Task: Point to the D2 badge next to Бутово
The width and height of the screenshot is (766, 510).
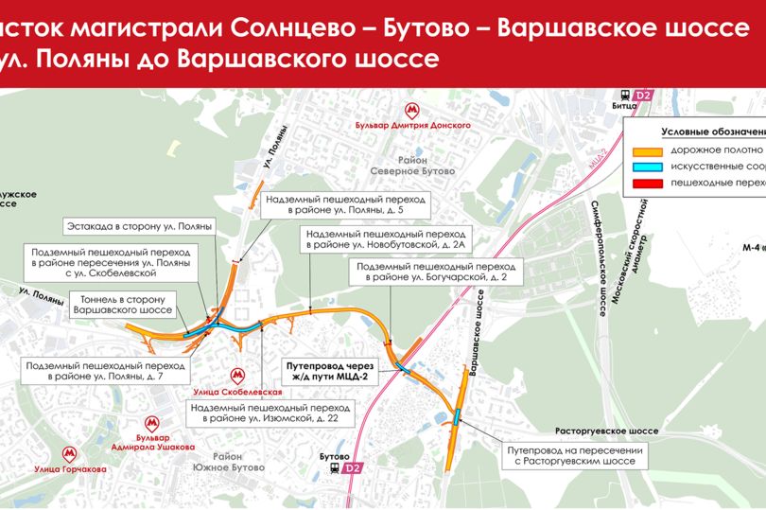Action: (x=353, y=467)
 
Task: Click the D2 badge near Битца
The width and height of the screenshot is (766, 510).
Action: (x=643, y=95)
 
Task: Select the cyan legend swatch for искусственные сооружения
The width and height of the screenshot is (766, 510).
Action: (x=648, y=166)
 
